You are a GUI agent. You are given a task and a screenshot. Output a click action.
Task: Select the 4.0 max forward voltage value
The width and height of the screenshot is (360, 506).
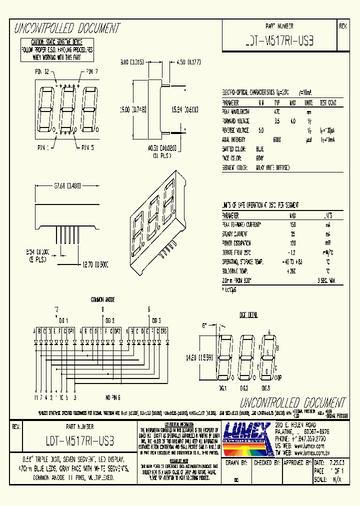293,121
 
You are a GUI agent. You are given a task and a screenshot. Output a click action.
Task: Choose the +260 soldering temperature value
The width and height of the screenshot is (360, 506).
293,271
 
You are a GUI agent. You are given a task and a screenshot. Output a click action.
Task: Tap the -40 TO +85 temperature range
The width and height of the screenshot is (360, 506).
293,262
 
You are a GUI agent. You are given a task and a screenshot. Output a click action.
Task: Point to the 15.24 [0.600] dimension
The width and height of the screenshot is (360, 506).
185,110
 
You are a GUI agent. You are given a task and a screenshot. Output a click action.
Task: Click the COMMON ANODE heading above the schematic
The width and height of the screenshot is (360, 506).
103,299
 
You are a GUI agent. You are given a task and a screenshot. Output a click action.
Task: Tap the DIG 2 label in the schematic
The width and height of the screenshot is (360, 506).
109,320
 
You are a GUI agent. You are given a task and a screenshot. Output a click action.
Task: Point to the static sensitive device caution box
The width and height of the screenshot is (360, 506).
56,49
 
